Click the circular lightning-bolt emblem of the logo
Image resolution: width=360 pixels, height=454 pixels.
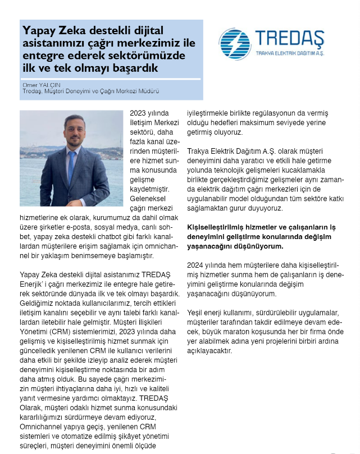pyautogui.click(x=235, y=44)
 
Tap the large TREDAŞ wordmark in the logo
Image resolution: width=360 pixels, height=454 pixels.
pyautogui.click(x=289, y=39)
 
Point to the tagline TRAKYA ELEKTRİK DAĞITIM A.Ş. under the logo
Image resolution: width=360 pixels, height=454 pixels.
pyautogui.click(x=290, y=54)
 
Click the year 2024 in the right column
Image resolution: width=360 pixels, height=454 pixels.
pyautogui.click(x=195, y=265)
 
